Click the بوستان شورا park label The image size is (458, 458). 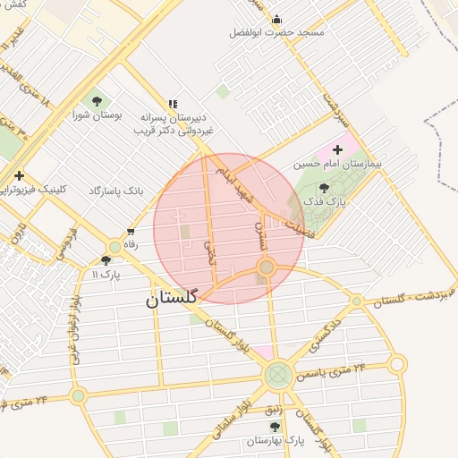tap(96, 115)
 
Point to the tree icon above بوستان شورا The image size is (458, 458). tap(96, 100)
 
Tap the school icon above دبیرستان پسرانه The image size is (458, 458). tap(172, 104)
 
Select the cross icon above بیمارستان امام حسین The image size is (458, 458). tap(337, 149)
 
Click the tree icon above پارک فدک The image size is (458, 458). tap(323, 189)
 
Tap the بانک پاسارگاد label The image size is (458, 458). tap(117, 191)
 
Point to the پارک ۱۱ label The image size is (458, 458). tap(106, 274)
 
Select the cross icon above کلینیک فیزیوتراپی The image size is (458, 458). tap(18, 175)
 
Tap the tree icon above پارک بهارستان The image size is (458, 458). tap(275, 427)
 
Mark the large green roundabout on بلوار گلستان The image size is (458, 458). tap(277, 373)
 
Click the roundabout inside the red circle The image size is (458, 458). tap(266, 267)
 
